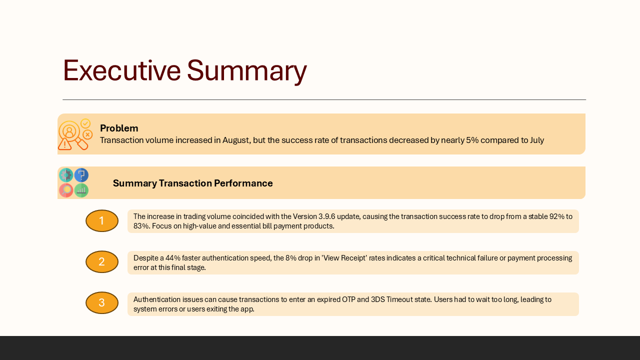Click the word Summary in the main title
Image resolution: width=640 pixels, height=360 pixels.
247,71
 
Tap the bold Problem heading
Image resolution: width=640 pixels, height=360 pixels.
119,128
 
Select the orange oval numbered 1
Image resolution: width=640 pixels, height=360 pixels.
102,221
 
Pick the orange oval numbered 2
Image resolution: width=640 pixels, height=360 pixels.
102,261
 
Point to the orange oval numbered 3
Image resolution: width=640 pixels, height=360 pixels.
102,303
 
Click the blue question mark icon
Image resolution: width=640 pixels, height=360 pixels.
81,175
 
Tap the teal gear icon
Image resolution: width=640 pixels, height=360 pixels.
66,175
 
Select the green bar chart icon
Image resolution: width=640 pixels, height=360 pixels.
81,190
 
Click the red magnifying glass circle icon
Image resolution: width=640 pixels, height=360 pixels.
66,190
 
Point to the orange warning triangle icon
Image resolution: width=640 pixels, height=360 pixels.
65,144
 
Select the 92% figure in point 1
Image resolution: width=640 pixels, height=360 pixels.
557,216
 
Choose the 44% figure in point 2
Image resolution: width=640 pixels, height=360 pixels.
173,258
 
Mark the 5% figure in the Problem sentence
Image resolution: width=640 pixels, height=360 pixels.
472,140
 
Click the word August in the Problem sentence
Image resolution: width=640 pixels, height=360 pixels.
235,140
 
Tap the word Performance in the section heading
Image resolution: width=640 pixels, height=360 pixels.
243,183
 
